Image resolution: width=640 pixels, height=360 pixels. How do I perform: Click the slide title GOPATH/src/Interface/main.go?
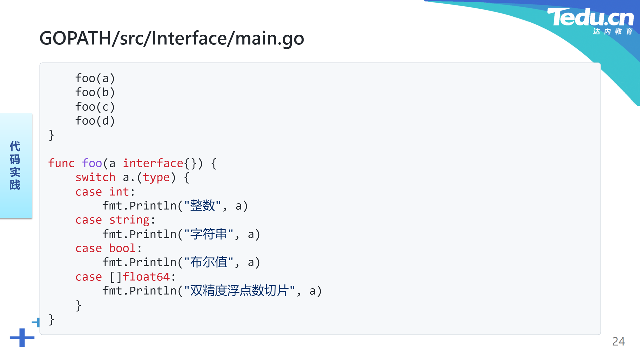click(172, 38)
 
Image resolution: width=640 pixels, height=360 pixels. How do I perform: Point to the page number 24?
click(618, 341)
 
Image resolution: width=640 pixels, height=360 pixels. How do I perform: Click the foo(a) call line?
click(95, 78)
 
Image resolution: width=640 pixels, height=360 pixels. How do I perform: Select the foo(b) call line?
click(95, 92)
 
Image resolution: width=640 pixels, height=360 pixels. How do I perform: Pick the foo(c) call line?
click(95, 107)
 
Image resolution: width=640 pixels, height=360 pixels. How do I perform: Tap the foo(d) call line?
click(95, 121)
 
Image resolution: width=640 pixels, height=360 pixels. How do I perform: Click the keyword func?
click(61, 163)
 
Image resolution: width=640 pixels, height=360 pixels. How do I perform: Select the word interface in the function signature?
click(153, 163)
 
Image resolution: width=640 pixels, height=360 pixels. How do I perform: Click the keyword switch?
click(95, 177)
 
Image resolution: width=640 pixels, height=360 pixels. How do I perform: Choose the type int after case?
click(119, 192)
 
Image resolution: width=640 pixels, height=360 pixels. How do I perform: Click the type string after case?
click(129, 220)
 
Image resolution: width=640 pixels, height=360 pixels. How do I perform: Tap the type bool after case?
click(122, 248)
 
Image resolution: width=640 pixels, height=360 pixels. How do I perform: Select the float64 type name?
click(146, 277)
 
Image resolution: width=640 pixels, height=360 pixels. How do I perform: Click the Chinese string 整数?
click(203, 206)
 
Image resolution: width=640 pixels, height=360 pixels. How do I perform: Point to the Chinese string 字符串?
click(209, 234)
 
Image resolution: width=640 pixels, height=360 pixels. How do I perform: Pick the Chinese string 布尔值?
click(209, 262)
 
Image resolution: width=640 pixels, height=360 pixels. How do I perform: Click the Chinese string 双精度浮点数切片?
click(239, 291)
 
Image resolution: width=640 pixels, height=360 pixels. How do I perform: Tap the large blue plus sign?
click(22, 338)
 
